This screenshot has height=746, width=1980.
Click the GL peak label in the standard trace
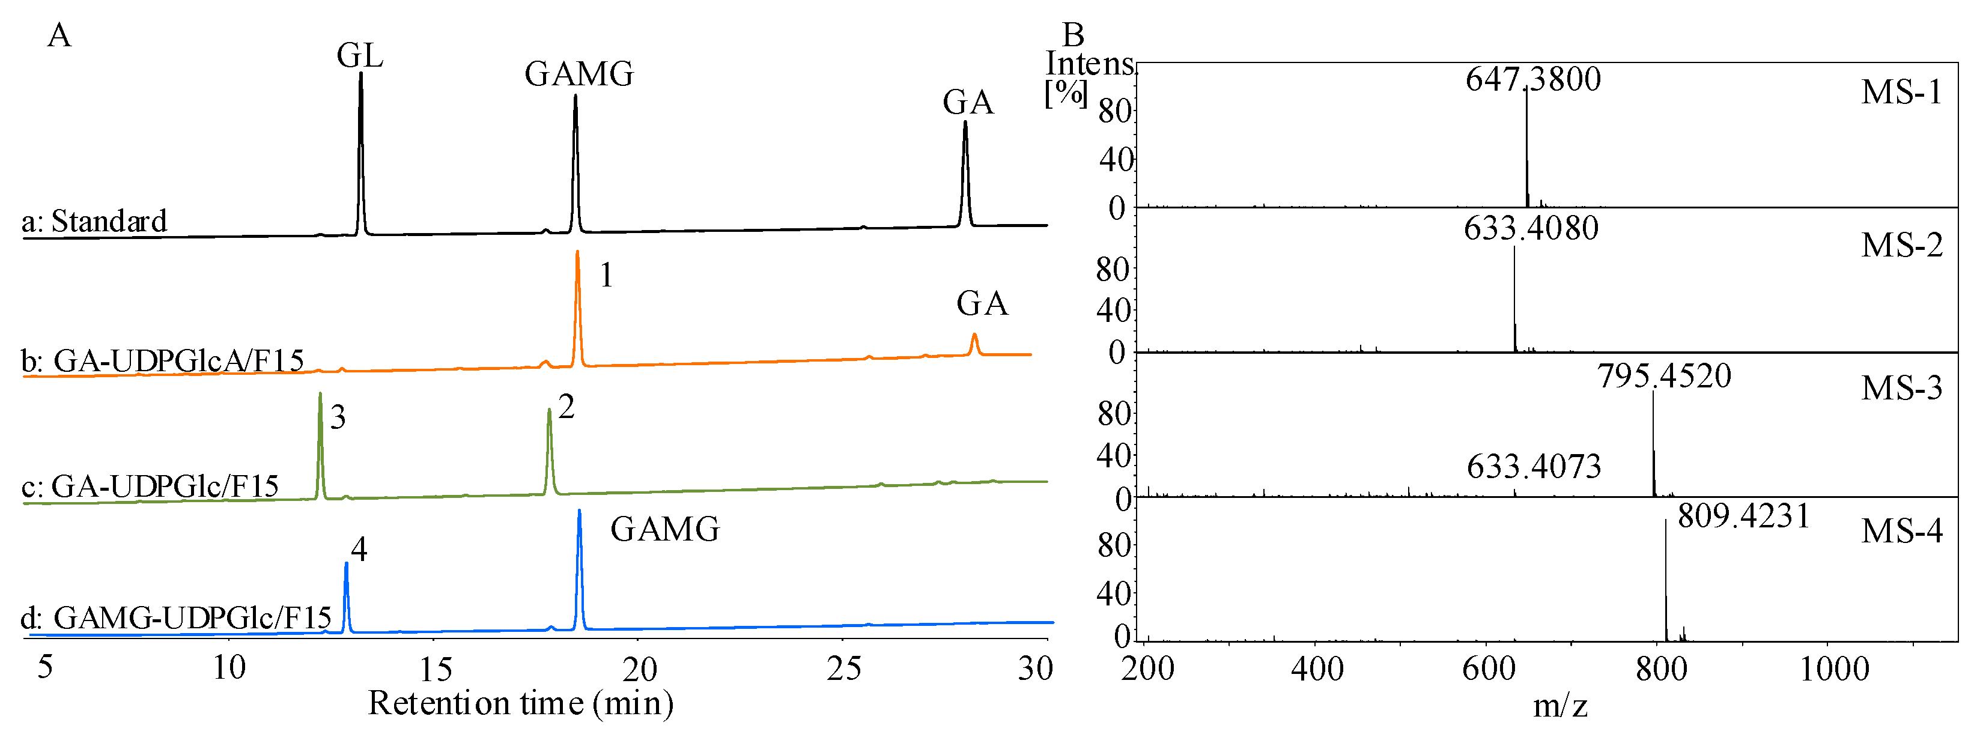(x=360, y=56)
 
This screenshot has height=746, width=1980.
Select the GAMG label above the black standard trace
(x=579, y=74)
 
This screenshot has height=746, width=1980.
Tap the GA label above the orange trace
(x=982, y=305)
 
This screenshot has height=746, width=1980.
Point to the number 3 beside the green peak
(x=338, y=418)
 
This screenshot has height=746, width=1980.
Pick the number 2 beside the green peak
(x=566, y=407)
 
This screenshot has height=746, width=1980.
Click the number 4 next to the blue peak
(x=359, y=550)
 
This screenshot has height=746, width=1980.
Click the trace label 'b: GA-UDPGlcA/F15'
(x=162, y=360)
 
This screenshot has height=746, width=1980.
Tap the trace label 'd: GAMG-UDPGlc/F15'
(x=176, y=617)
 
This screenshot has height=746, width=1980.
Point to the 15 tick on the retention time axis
(x=435, y=670)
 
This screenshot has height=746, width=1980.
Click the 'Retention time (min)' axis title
(x=520, y=703)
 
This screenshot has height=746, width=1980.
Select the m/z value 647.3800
(x=1532, y=79)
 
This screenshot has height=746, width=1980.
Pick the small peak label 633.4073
(x=1534, y=466)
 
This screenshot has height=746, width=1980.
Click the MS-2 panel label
(x=1901, y=245)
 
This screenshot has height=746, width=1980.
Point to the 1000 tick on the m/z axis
(x=1834, y=669)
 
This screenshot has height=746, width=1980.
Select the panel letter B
(x=1073, y=35)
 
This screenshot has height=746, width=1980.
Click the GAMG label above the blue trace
(x=665, y=529)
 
